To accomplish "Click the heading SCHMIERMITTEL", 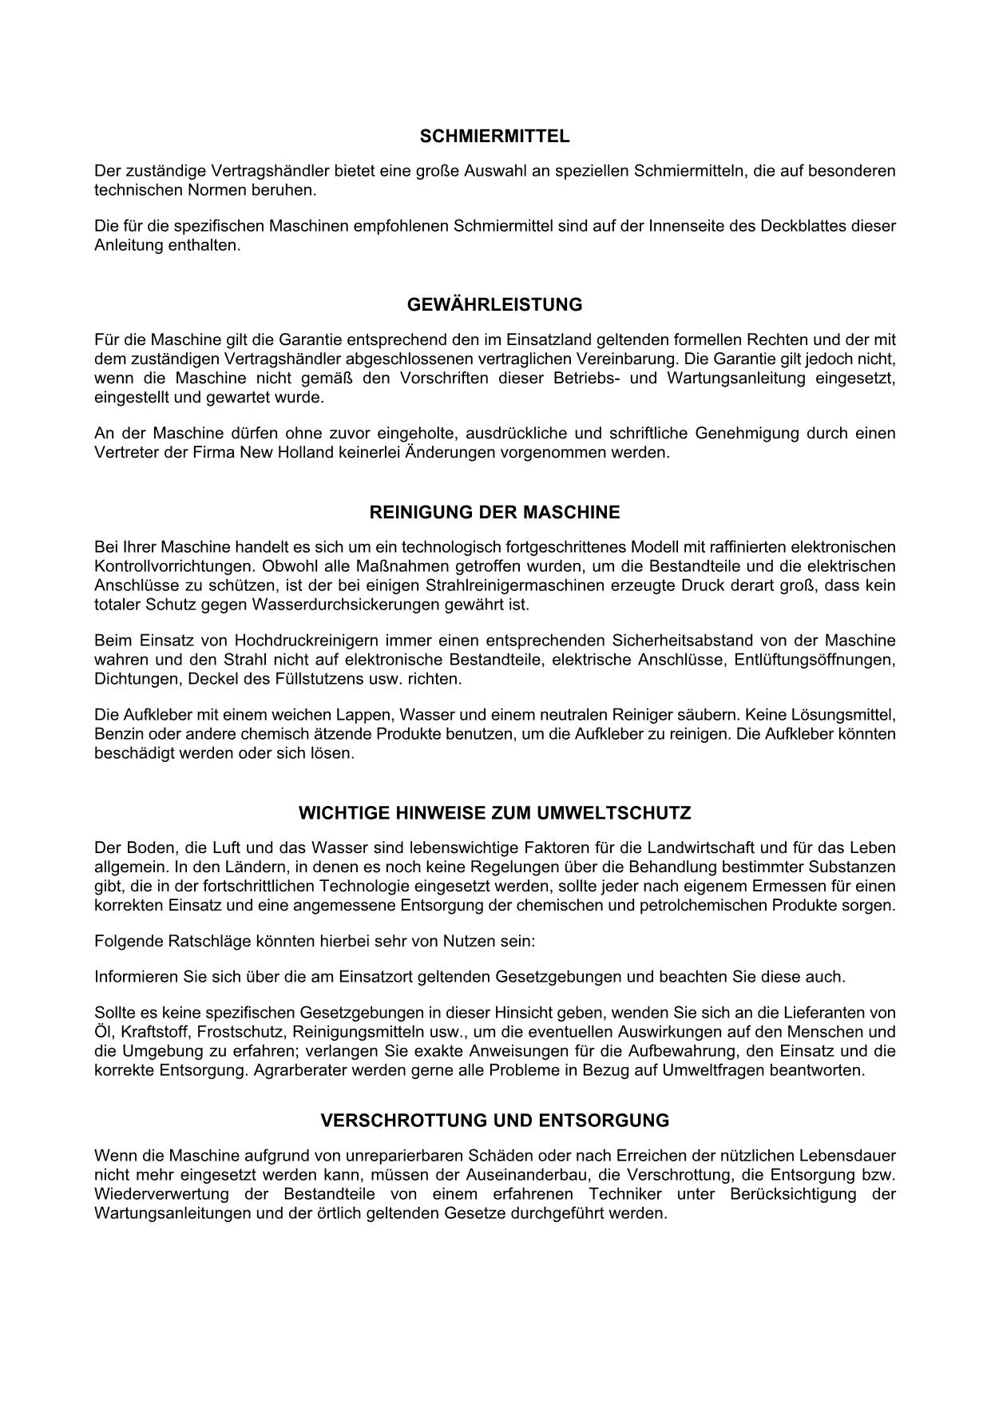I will coord(494,137).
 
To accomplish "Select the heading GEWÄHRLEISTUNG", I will coord(494,304).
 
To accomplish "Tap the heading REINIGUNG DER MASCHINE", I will coord(494,512).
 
